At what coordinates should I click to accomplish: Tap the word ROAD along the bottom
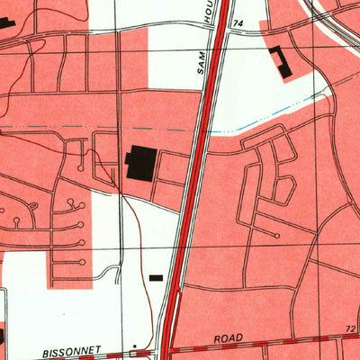[229, 338]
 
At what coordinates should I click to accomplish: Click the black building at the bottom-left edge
[3, 337]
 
